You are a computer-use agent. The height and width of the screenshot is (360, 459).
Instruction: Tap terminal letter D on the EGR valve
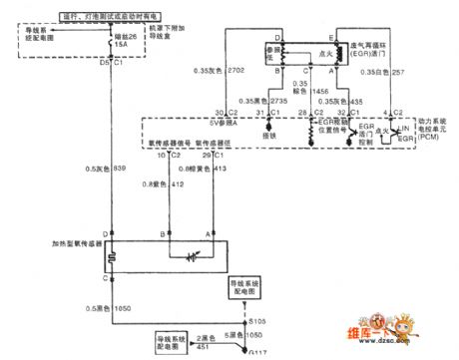255,37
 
